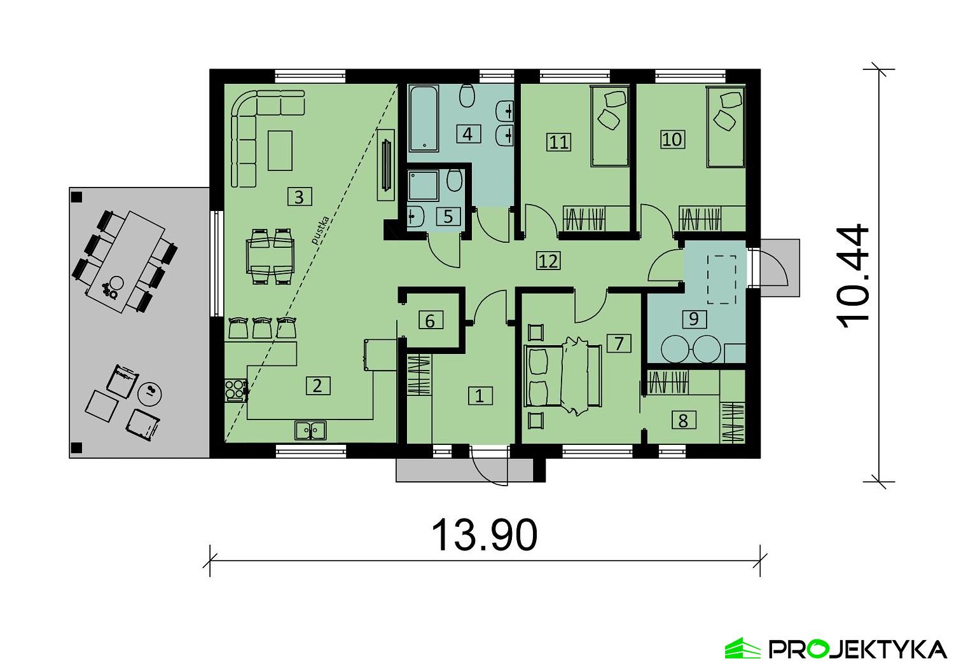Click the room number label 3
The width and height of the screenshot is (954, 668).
[299, 197]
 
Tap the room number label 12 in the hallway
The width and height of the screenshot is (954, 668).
[548, 260]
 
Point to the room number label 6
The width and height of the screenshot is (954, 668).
[430, 321]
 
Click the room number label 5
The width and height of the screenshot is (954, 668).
[448, 216]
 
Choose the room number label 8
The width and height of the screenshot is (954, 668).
[683, 420]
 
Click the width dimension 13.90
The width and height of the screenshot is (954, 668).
[485, 535]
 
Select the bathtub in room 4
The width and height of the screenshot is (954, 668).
[423, 119]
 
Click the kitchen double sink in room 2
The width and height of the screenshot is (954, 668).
[310, 430]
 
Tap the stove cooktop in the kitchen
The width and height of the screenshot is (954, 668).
[235, 388]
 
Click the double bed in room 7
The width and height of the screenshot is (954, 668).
[563, 376]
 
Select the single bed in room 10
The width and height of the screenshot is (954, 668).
[726, 127]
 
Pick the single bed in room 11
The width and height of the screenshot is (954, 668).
[611, 127]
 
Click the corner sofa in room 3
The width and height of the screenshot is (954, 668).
[251, 127]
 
